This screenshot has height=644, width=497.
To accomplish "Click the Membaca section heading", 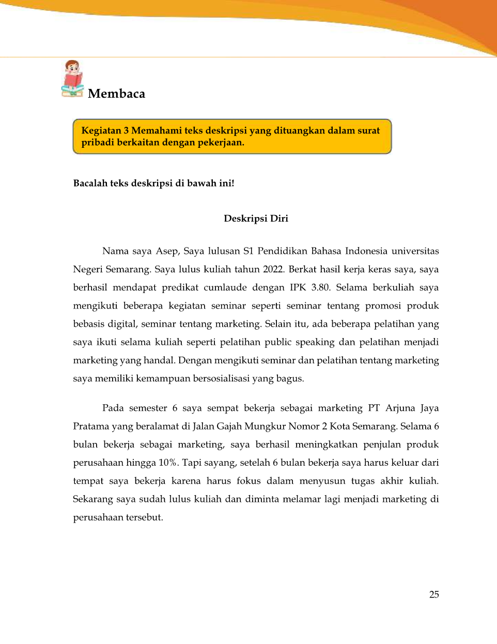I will click(x=116, y=94).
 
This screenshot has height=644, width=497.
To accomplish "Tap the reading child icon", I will click(x=73, y=79).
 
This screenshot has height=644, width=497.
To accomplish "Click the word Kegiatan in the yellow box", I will click(x=101, y=131).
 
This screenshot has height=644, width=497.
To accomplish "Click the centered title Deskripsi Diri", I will click(x=256, y=218).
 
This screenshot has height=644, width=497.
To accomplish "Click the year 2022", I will click(x=273, y=269).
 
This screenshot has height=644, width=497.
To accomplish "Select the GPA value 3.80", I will click(x=320, y=287).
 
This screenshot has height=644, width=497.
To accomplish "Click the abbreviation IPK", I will click(x=298, y=287).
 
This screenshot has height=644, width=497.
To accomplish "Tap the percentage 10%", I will click(x=167, y=463).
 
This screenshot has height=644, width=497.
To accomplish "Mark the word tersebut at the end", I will click(x=143, y=517).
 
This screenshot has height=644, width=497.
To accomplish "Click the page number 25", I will click(x=434, y=594).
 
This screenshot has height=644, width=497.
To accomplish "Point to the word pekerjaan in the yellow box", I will click(x=221, y=143).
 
